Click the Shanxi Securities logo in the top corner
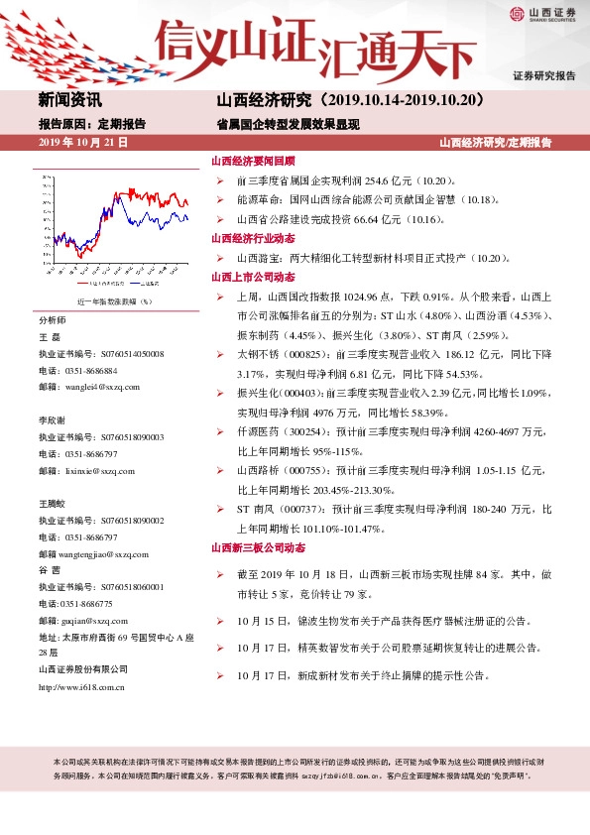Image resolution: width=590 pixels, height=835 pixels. pos(539,13)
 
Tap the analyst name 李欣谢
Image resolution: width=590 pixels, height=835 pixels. pos(52,420)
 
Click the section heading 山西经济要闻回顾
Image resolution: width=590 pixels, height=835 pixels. pos(253,161)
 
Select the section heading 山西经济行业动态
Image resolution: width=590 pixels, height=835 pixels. pos(253,238)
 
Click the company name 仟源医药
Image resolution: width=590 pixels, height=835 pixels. pos(255,432)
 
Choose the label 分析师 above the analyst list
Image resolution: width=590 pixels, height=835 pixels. pos(52,321)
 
